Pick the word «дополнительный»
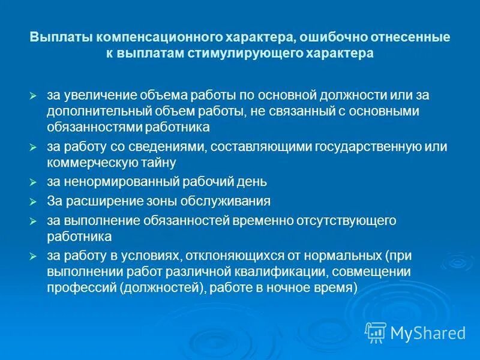coord(90,112)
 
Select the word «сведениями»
coord(160,147)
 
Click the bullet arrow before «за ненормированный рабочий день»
coord(34,181)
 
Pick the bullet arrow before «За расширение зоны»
coord(34,202)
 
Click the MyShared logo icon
coord(376,332)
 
